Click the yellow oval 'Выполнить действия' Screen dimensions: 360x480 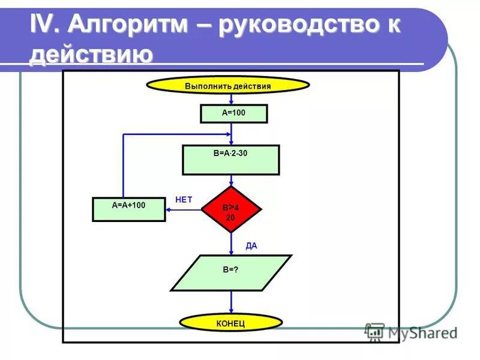[x=228, y=86]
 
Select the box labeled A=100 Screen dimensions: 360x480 [x=233, y=113]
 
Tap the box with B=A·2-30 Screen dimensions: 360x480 [x=230, y=160]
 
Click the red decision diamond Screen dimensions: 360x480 [x=231, y=209]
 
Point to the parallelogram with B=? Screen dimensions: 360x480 [x=231, y=272]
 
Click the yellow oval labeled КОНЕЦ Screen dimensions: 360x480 [x=230, y=323]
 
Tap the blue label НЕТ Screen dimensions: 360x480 [x=184, y=200]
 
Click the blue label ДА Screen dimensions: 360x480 [x=251, y=246]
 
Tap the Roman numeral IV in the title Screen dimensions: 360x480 [x=44, y=26]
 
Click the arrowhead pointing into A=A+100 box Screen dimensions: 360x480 [x=169, y=209]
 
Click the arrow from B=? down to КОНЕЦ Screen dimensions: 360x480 [x=231, y=302]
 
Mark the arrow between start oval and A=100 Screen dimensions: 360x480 [x=231, y=99]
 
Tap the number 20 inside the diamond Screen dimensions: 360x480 [x=230, y=218]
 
